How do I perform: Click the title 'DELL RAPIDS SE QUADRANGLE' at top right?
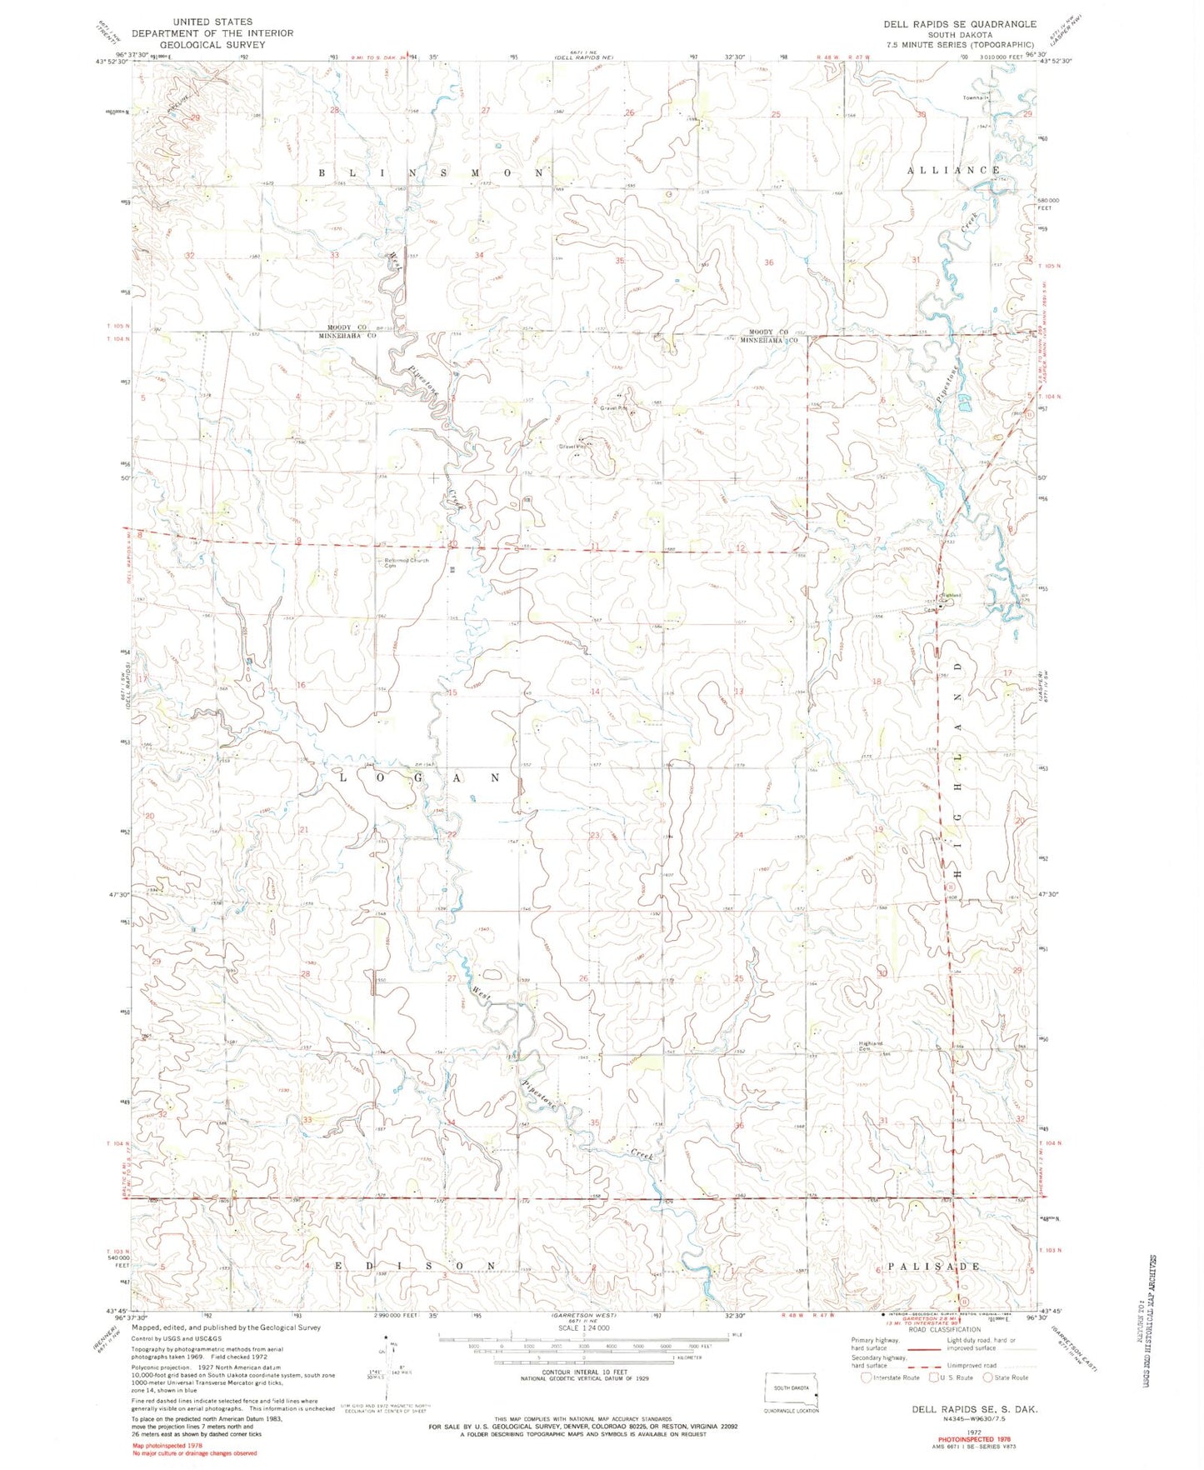point(960,24)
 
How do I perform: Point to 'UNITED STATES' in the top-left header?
point(212,22)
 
